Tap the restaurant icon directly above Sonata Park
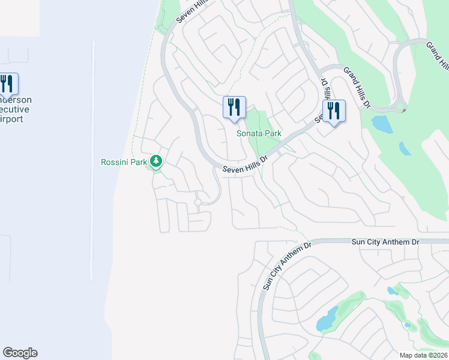234,107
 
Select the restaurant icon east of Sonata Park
334,111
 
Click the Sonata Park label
259,133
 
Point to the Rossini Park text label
124,162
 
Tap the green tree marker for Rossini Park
156,161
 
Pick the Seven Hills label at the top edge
191,11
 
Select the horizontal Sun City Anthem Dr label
385,241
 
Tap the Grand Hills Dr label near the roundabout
358,88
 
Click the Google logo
20,353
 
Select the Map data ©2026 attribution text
423,355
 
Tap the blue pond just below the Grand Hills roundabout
382,124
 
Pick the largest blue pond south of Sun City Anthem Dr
328,319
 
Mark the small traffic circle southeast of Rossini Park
197,203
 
